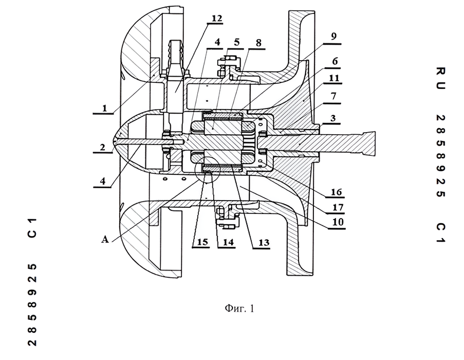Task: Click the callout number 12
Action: (x=217, y=18)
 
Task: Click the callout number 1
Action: (x=105, y=109)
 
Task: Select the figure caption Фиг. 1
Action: (x=239, y=309)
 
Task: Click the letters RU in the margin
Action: (x=439, y=77)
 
